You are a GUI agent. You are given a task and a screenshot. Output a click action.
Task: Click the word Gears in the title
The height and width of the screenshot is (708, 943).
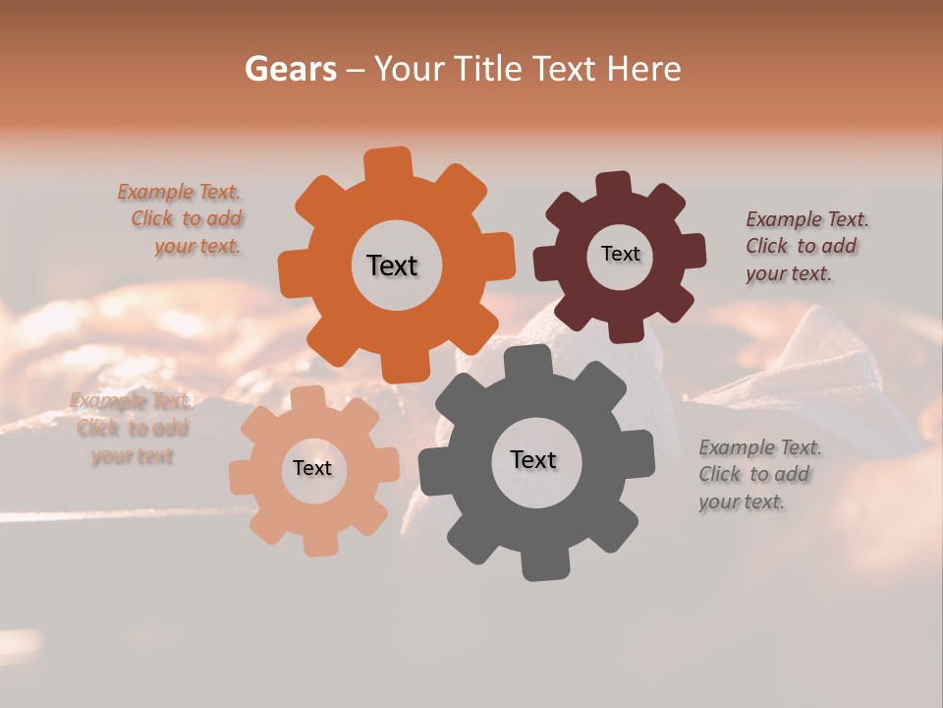coord(290,69)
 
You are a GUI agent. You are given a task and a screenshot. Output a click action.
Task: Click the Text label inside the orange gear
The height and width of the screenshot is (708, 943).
coord(392,265)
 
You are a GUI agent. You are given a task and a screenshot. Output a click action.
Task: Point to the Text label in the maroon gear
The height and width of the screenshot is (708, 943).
coord(620,254)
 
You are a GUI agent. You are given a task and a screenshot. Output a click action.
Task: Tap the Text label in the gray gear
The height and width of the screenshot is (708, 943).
coord(533,460)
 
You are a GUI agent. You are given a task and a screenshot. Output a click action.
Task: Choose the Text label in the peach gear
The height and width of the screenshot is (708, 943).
coord(312,468)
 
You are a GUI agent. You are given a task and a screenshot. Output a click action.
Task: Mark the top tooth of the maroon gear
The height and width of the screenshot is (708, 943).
coord(613,184)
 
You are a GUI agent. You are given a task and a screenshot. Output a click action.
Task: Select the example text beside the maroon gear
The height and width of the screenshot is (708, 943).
coord(806,246)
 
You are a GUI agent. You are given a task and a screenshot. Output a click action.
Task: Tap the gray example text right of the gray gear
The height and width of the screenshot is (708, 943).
coord(759,474)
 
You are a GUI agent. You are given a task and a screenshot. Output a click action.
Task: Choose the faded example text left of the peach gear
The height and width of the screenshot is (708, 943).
coord(132,428)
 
